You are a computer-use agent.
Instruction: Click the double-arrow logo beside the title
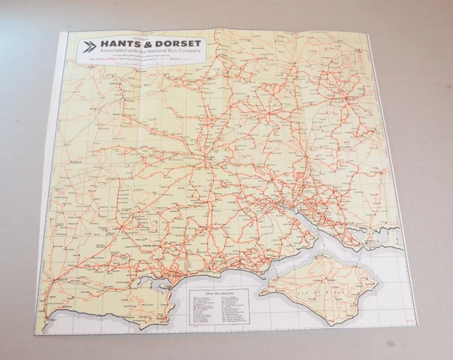coord(90,47)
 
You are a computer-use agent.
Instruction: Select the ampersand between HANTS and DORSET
coord(151,43)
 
